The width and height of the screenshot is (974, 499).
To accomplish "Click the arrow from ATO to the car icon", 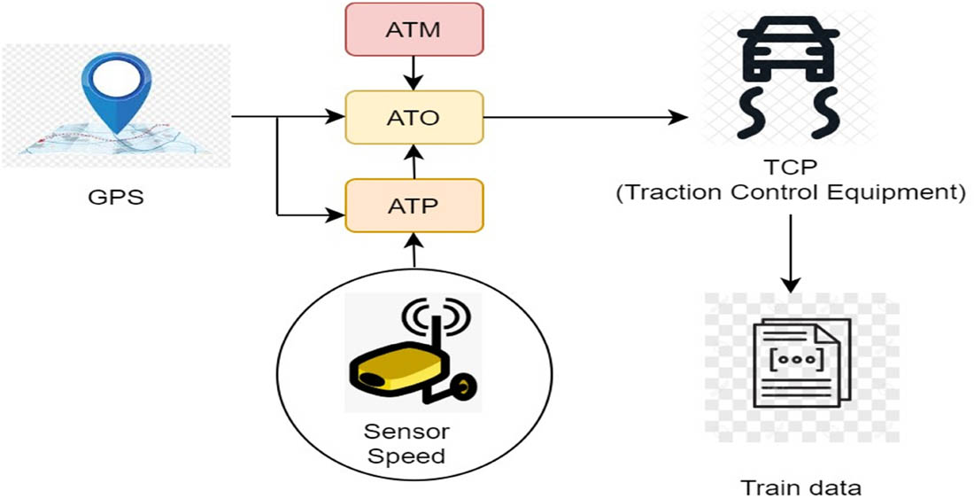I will click(584, 117).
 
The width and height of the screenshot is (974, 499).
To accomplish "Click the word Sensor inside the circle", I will click(406, 432).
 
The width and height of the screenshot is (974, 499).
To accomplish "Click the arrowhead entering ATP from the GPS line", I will click(336, 214).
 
